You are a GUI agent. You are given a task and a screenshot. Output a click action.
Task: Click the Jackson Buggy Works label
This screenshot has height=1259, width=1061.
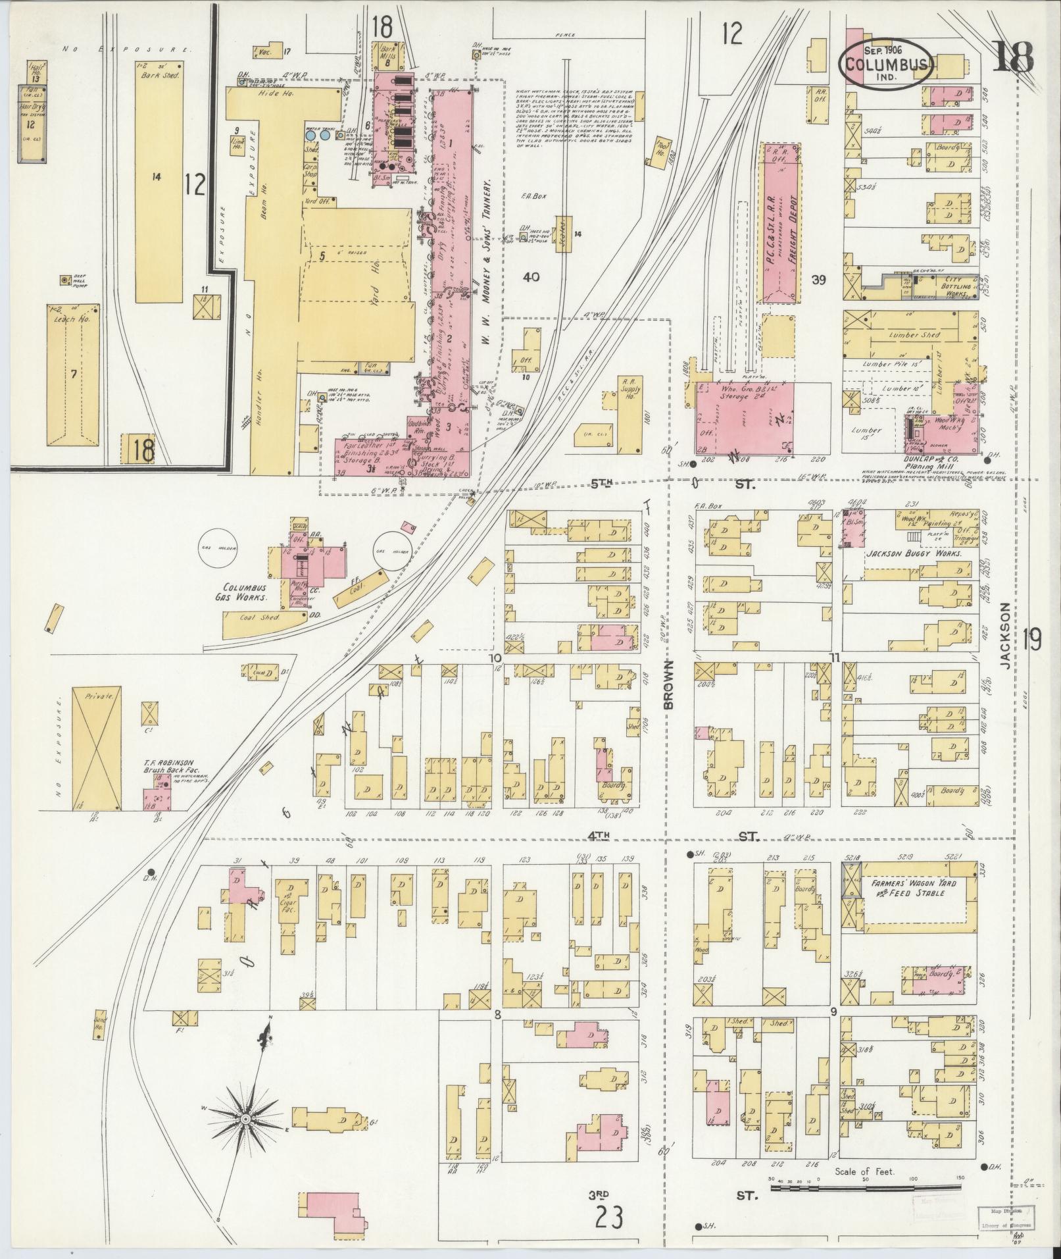(x=914, y=553)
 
